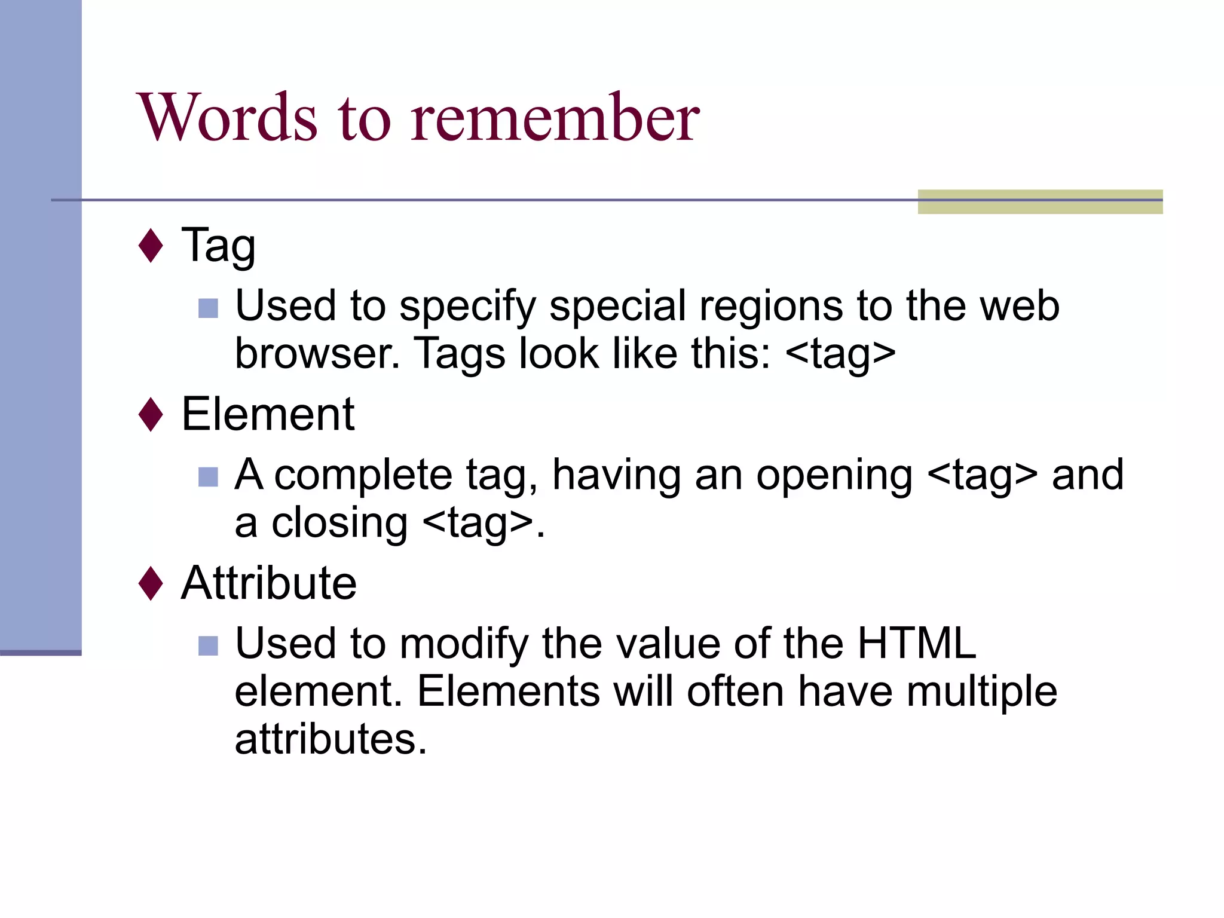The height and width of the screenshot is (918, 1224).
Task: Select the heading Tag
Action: tap(219, 245)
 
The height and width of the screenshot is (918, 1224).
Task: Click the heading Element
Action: tap(268, 414)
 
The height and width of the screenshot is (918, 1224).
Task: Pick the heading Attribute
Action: tap(269, 583)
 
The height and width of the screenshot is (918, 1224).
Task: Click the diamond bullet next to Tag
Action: tap(151, 245)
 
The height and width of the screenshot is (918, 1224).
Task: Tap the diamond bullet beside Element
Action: tap(151, 414)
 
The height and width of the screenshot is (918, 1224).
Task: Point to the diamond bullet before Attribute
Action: tap(151, 583)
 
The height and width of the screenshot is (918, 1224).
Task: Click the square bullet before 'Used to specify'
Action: tap(208, 308)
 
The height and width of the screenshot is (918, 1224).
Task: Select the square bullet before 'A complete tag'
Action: tap(208, 477)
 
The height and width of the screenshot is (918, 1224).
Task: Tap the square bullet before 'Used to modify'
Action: tap(208, 646)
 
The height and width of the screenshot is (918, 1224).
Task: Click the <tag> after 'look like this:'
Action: tap(840, 354)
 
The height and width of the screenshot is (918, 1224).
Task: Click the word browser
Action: tap(317, 354)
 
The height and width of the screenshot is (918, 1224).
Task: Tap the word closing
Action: tap(339, 524)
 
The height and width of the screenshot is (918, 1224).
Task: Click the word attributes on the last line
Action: tap(331, 740)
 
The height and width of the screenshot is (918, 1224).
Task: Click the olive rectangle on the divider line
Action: tap(1040, 201)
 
